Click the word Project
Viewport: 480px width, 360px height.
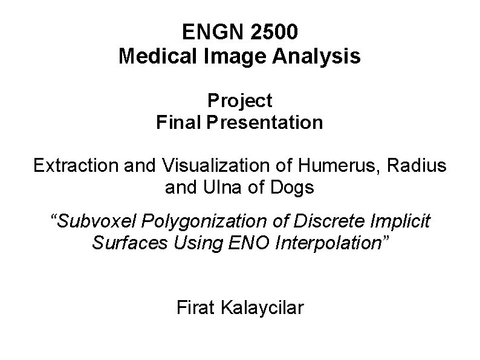click(x=239, y=100)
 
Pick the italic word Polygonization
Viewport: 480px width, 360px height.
click(x=197, y=221)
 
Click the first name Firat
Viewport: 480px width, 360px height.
click(x=193, y=308)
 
